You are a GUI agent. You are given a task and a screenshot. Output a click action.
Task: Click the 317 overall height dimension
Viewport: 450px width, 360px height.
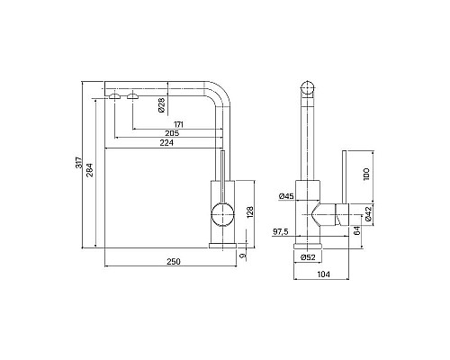[x=78, y=162]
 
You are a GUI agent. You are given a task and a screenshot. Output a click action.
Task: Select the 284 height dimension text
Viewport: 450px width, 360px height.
[x=90, y=170]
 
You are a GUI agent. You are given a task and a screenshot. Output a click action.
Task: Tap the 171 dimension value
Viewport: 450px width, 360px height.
[x=178, y=124]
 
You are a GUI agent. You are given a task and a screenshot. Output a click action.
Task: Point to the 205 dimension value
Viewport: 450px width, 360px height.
[x=172, y=133]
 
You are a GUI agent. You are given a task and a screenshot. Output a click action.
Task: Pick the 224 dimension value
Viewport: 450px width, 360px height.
[x=166, y=143]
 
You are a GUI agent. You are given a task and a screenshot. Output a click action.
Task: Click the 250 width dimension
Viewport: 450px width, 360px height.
[x=174, y=262]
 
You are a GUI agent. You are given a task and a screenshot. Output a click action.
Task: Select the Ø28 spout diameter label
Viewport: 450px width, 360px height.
[x=161, y=105]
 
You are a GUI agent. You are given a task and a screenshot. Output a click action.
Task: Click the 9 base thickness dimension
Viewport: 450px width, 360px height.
[x=243, y=256]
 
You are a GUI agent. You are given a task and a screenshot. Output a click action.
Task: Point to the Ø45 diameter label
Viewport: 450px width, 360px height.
[x=286, y=196]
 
